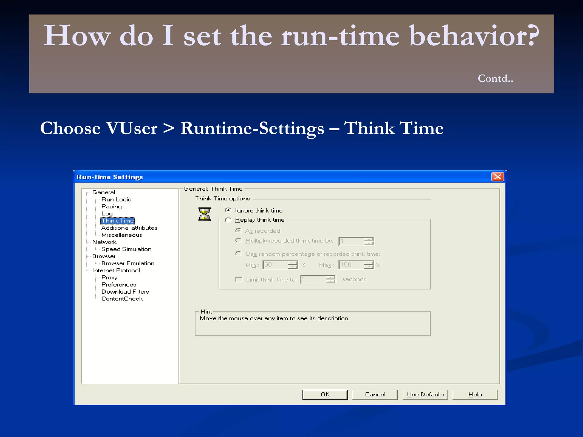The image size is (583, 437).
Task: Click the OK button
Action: [325, 395]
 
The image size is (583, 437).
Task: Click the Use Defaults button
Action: [425, 395]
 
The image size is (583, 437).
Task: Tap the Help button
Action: [475, 395]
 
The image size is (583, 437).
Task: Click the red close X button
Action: [497, 177]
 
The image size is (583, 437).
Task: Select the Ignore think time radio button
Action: [228, 210]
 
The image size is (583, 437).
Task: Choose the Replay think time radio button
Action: [228, 220]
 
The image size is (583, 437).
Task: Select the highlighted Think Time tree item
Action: [118, 221]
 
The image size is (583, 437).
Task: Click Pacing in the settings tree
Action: [111, 207]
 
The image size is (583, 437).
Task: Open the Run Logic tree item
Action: [116, 199]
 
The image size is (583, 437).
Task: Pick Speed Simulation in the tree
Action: [126, 249]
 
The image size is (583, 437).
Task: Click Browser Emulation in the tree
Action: [128, 263]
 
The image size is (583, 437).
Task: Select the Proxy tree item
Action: [109, 277]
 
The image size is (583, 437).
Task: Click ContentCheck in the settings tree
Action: [122, 299]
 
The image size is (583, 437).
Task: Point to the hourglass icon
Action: [204, 214]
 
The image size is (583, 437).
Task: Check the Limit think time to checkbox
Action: [239, 279]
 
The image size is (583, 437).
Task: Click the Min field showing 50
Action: [275, 265]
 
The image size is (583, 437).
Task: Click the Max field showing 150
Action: [351, 265]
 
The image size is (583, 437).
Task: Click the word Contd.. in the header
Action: [495, 78]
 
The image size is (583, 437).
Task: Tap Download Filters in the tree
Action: [125, 292]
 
